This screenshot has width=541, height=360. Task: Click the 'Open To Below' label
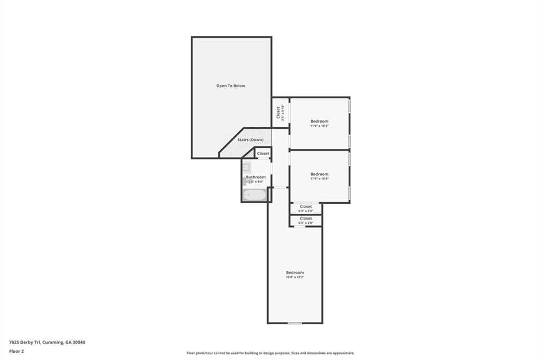231,86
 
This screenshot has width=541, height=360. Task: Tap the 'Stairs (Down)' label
250,140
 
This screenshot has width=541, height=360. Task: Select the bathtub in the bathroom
255,195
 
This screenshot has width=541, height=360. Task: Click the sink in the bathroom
247,167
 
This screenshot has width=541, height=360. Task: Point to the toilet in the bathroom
246,181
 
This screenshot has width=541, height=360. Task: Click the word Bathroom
256,177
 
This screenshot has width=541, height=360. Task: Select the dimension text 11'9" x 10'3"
319,126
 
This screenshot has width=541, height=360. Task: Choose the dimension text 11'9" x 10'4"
319,178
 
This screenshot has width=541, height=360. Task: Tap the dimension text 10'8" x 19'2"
295,277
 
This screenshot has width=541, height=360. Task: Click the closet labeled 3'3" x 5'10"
281,112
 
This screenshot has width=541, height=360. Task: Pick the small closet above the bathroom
263,154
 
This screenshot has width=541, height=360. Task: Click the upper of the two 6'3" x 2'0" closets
305,209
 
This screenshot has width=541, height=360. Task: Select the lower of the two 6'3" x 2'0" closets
305,220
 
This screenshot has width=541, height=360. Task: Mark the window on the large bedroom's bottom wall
295,323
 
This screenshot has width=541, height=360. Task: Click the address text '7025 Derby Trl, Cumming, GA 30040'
47,342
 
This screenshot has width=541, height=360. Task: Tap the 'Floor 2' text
16,351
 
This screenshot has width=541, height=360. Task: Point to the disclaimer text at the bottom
270,353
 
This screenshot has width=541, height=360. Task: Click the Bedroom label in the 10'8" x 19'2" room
295,272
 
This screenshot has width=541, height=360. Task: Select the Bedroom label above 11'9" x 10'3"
319,121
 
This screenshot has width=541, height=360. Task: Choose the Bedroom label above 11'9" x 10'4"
319,174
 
